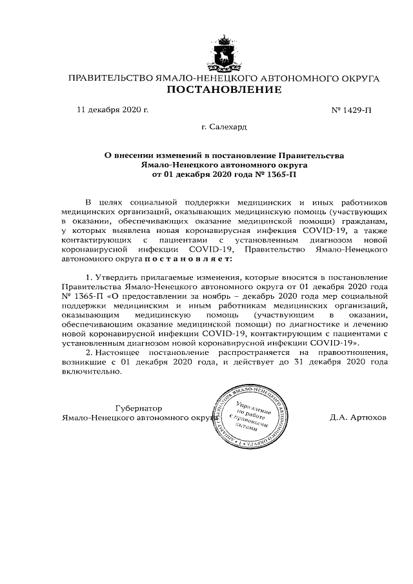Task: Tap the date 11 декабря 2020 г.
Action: pos(113,109)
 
